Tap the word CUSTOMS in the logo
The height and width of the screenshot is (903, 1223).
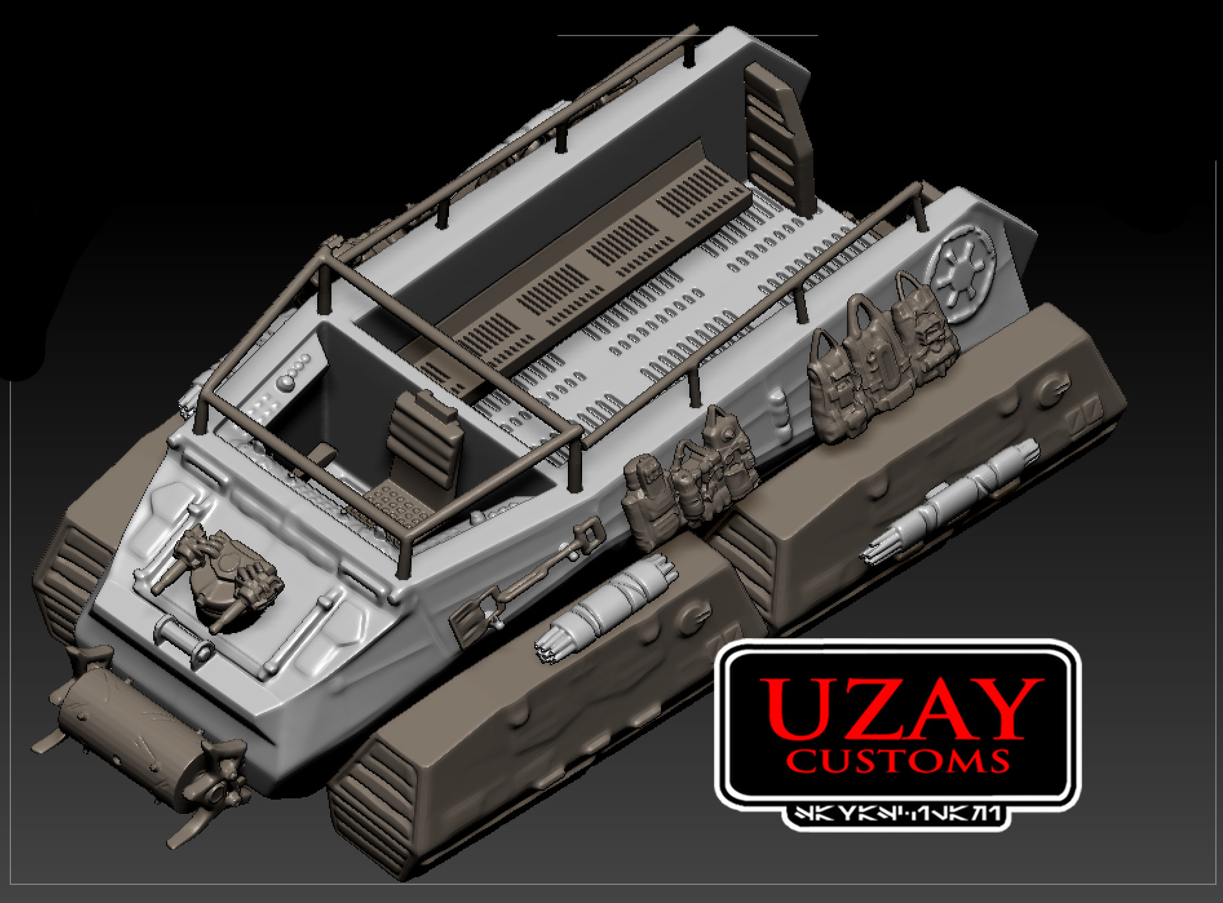pyautogui.click(x=898, y=761)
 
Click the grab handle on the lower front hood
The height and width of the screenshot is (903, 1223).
pyautogui.click(x=183, y=633)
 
